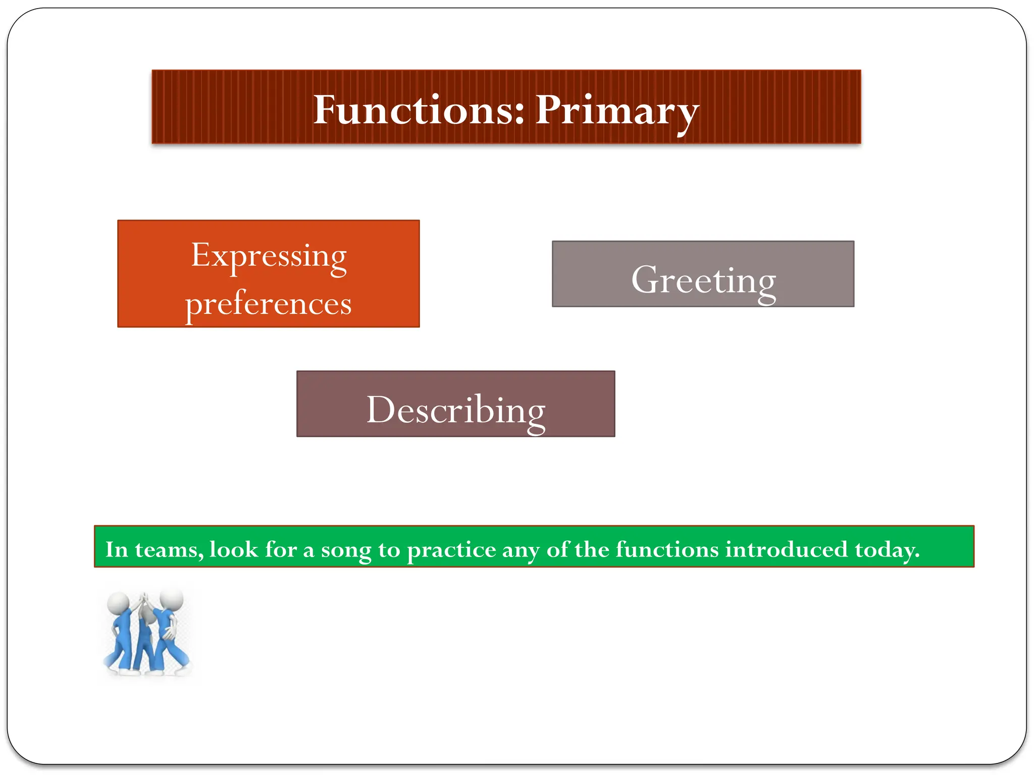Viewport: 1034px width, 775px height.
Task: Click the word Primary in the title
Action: click(x=617, y=110)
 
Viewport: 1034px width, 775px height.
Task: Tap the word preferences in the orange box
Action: click(x=269, y=304)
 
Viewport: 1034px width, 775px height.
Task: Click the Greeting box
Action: click(x=703, y=274)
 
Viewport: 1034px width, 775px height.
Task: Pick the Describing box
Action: click(x=455, y=404)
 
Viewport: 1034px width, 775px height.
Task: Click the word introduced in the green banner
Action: click(x=786, y=549)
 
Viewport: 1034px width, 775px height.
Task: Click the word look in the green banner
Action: click(x=234, y=549)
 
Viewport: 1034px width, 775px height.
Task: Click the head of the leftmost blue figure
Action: click(x=118, y=602)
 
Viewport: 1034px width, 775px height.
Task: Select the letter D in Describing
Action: click(x=380, y=410)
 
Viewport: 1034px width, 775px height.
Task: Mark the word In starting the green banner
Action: click(x=117, y=549)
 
